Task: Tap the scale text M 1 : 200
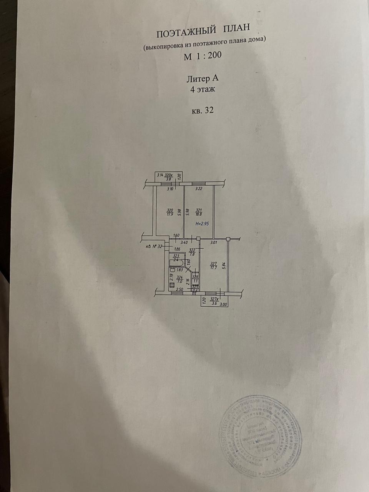pos(203,56)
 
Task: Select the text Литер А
pos(202,79)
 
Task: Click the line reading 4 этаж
pos(202,90)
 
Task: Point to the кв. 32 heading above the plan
pos(202,111)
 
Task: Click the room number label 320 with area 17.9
pos(170,212)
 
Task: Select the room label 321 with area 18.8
pos(199,212)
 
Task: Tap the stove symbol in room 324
pos(171,285)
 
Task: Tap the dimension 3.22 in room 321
pos(199,189)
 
